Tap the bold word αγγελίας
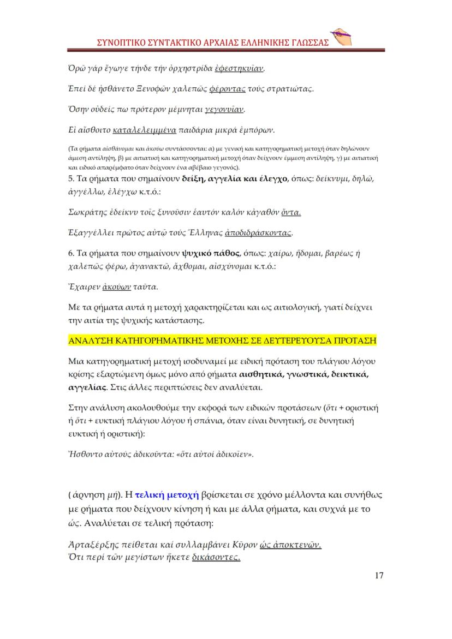(85, 388)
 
